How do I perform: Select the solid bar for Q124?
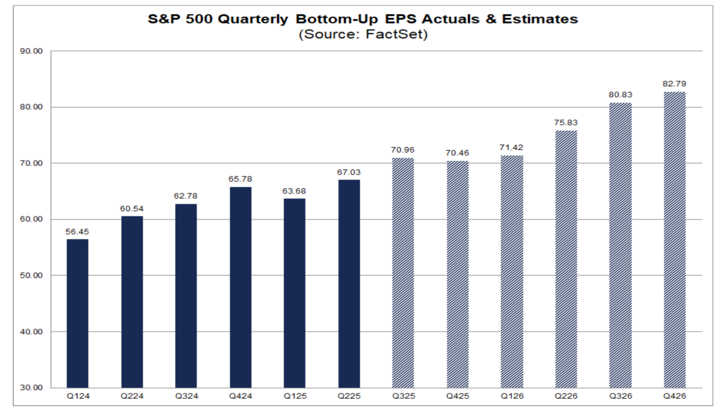77,313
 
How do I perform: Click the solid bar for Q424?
240,287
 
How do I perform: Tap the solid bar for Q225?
349,283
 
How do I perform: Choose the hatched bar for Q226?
566,259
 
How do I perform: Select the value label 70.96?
403,150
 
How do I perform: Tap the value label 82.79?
674,84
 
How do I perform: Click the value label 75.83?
566,123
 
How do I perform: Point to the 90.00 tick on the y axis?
31,51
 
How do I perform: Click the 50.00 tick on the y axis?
31,276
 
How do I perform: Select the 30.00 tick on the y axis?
31,388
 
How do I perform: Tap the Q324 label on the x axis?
186,396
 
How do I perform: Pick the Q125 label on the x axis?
295,396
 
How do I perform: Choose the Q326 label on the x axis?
620,396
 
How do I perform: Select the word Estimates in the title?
543,19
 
